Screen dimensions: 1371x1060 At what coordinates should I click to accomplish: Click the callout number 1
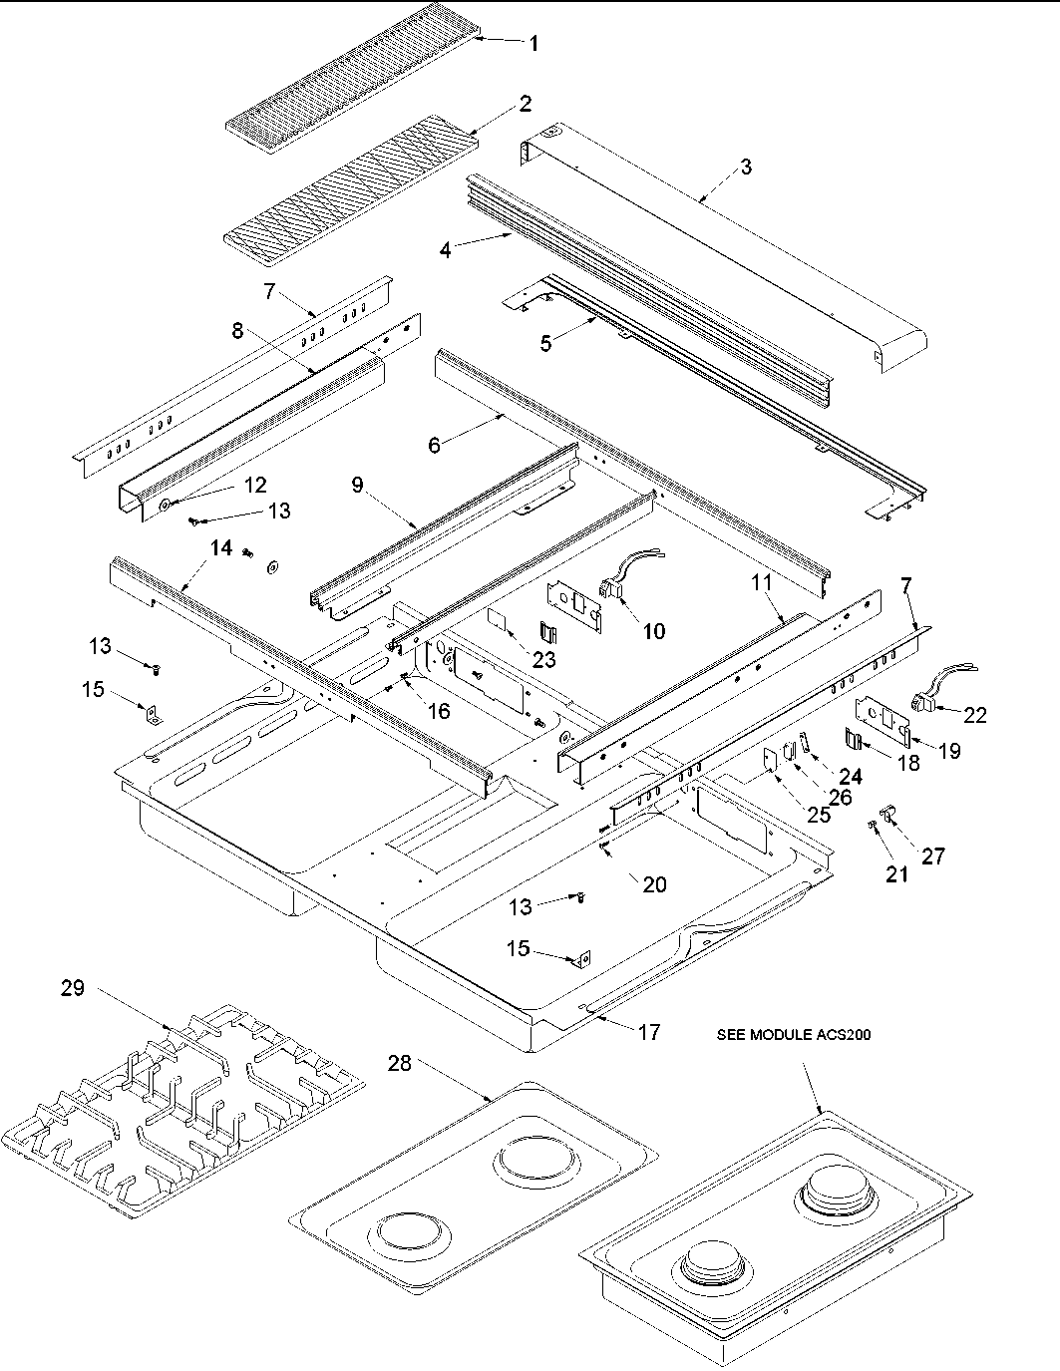[x=533, y=43]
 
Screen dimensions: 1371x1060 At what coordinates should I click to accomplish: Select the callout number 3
[x=746, y=167]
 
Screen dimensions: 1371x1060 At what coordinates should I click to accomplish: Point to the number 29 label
[x=72, y=989]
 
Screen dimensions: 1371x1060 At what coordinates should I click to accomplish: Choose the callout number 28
[x=399, y=1065]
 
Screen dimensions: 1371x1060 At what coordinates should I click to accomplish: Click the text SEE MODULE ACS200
[x=794, y=1035]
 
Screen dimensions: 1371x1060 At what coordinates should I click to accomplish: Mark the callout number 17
[x=648, y=1032]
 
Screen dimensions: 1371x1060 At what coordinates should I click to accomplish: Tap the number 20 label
[x=654, y=884]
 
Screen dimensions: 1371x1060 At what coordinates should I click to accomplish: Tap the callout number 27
[x=932, y=856]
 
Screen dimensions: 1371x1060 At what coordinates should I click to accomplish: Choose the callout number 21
[x=897, y=874]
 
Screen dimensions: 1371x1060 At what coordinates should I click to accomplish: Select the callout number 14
[x=220, y=547]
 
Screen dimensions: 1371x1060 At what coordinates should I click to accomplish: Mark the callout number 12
[x=255, y=485]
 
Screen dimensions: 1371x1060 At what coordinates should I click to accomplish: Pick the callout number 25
[x=818, y=815]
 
